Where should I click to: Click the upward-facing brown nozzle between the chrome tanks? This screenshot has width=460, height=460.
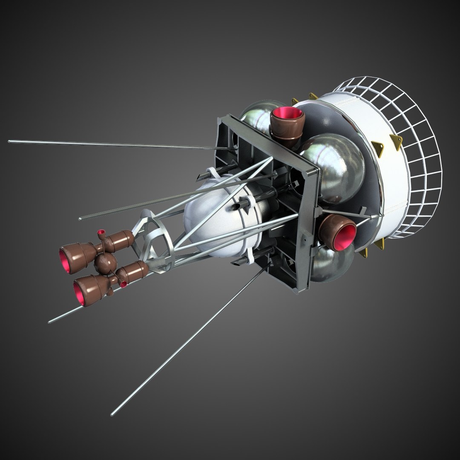287,124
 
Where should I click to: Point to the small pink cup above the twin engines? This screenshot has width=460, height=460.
101,233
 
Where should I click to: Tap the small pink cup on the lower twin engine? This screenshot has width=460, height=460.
124,284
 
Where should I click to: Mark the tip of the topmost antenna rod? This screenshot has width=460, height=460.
9,141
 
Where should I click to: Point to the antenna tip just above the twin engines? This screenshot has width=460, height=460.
80,218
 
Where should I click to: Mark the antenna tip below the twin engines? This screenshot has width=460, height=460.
49,322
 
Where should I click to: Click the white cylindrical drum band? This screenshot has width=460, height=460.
375,170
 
